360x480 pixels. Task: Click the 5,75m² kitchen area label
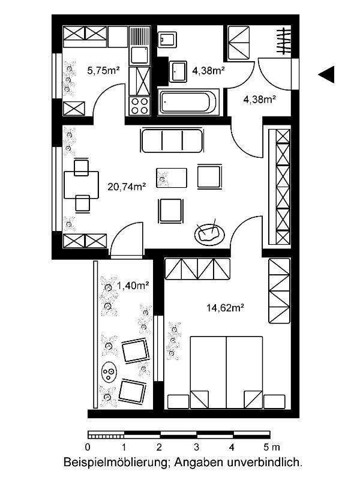click(103, 70)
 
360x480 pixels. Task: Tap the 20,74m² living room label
click(127, 187)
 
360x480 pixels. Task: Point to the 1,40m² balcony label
click(133, 286)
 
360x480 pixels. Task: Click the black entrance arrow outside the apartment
click(326, 74)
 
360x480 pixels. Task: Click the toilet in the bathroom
click(166, 40)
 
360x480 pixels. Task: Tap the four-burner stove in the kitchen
click(140, 107)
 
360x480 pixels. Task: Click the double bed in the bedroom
click(227, 372)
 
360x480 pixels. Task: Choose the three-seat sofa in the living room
click(171, 142)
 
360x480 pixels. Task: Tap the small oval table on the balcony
click(109, 374)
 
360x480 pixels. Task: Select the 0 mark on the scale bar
click(88, 447)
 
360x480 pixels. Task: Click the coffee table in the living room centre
click(171, 177)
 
